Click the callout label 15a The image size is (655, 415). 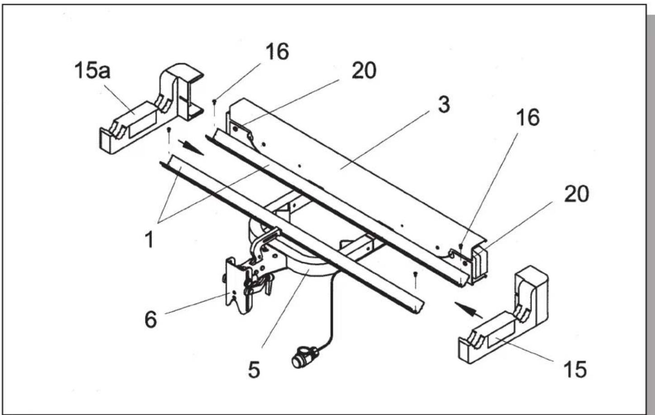coord(92,71)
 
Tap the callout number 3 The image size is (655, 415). coord(444,104)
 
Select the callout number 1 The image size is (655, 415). coord(149,240)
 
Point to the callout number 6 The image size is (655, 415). coord(151,320)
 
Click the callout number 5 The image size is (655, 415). coord(254,370)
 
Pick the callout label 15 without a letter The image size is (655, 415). coord(575,369)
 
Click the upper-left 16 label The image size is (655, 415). coord(277,52)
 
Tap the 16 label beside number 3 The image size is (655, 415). coord(528,118)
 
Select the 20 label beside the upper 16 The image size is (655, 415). coord(364,71)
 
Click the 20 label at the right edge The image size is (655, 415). coord(576,194)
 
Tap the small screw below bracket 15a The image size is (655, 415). coord(169,134)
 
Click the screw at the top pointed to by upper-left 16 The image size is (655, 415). coord(214,106)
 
